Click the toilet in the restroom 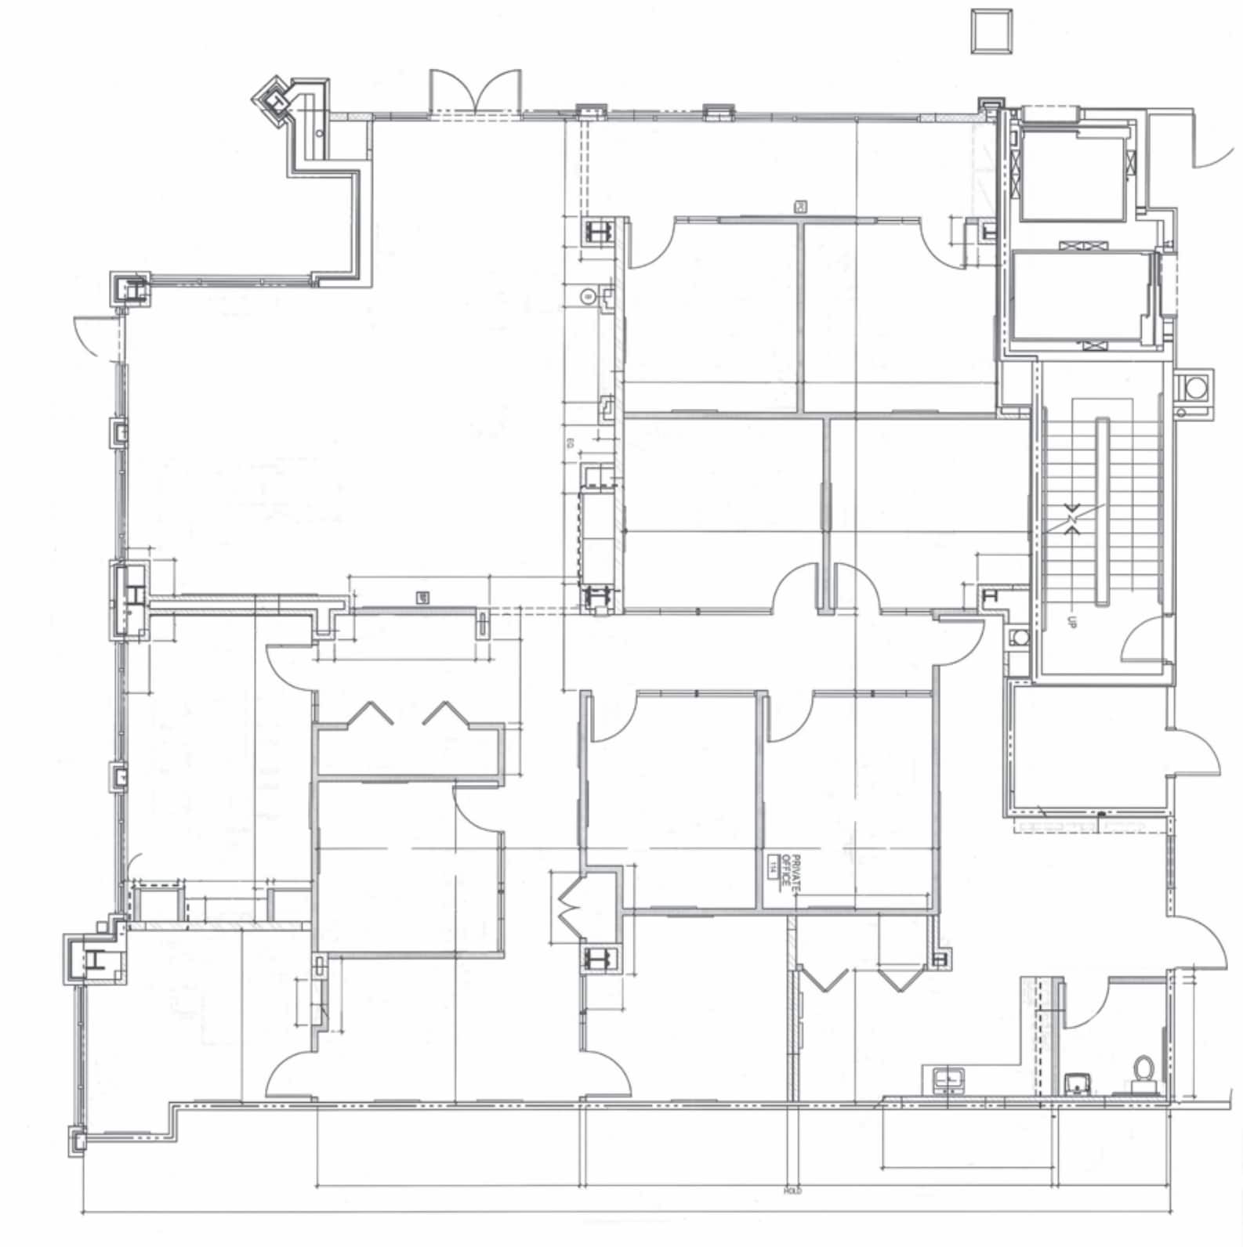pyautogui.click(x=1141, y=1071)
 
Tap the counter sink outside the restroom pyautogui.click(x=949, y=1080)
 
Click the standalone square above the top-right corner pyautogui.click(x=991, y=31)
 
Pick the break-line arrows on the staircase pyautogui.click(x=1072, y=518)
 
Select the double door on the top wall pyautogui.click(x=475, y=94)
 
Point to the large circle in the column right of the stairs pyautogui.click(x=1194, y=388)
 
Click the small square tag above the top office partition pyautogui.click(x=801, y=207)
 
